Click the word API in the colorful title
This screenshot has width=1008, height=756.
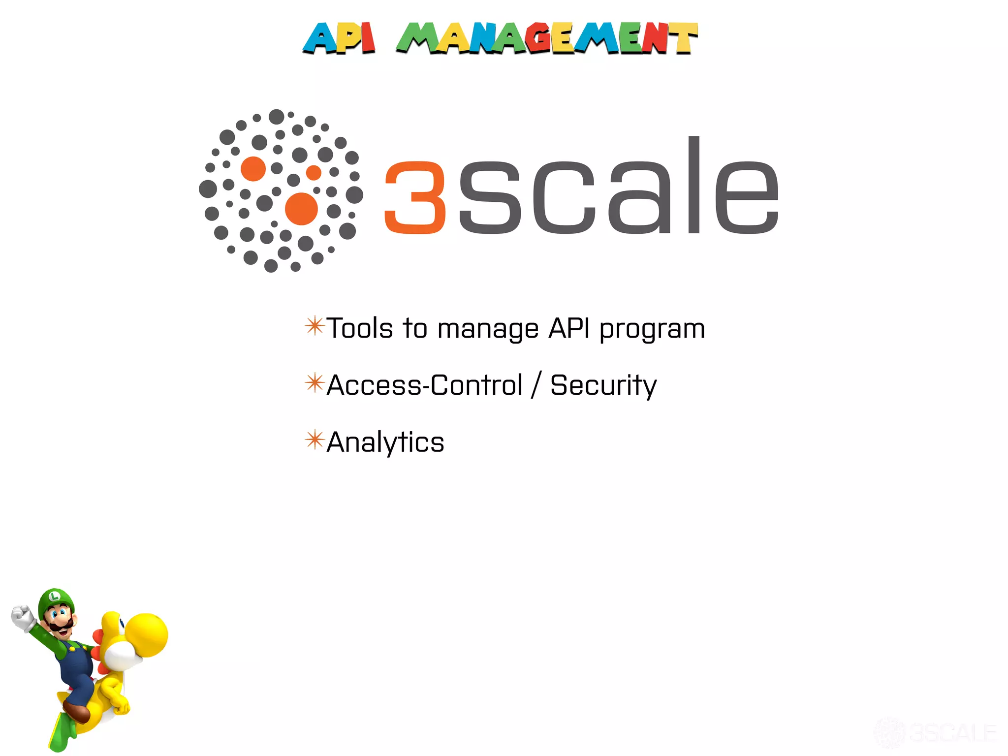339,38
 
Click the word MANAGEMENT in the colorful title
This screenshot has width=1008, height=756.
547,38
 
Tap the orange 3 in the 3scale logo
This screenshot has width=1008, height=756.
415,197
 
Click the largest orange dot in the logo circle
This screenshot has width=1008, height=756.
301,209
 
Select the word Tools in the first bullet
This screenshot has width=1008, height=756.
360,329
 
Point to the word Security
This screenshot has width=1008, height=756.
603,385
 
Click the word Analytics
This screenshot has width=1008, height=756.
385,442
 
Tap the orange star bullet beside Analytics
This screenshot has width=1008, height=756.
315,440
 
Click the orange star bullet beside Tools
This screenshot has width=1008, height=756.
315,326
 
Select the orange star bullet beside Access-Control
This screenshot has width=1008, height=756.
315,383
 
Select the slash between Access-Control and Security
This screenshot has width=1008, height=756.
536,385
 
